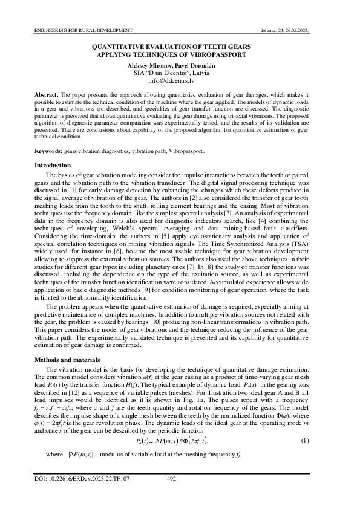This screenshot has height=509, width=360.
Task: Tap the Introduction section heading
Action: tap(53, 166)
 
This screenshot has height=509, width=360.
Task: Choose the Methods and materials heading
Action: tap(68, 360)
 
